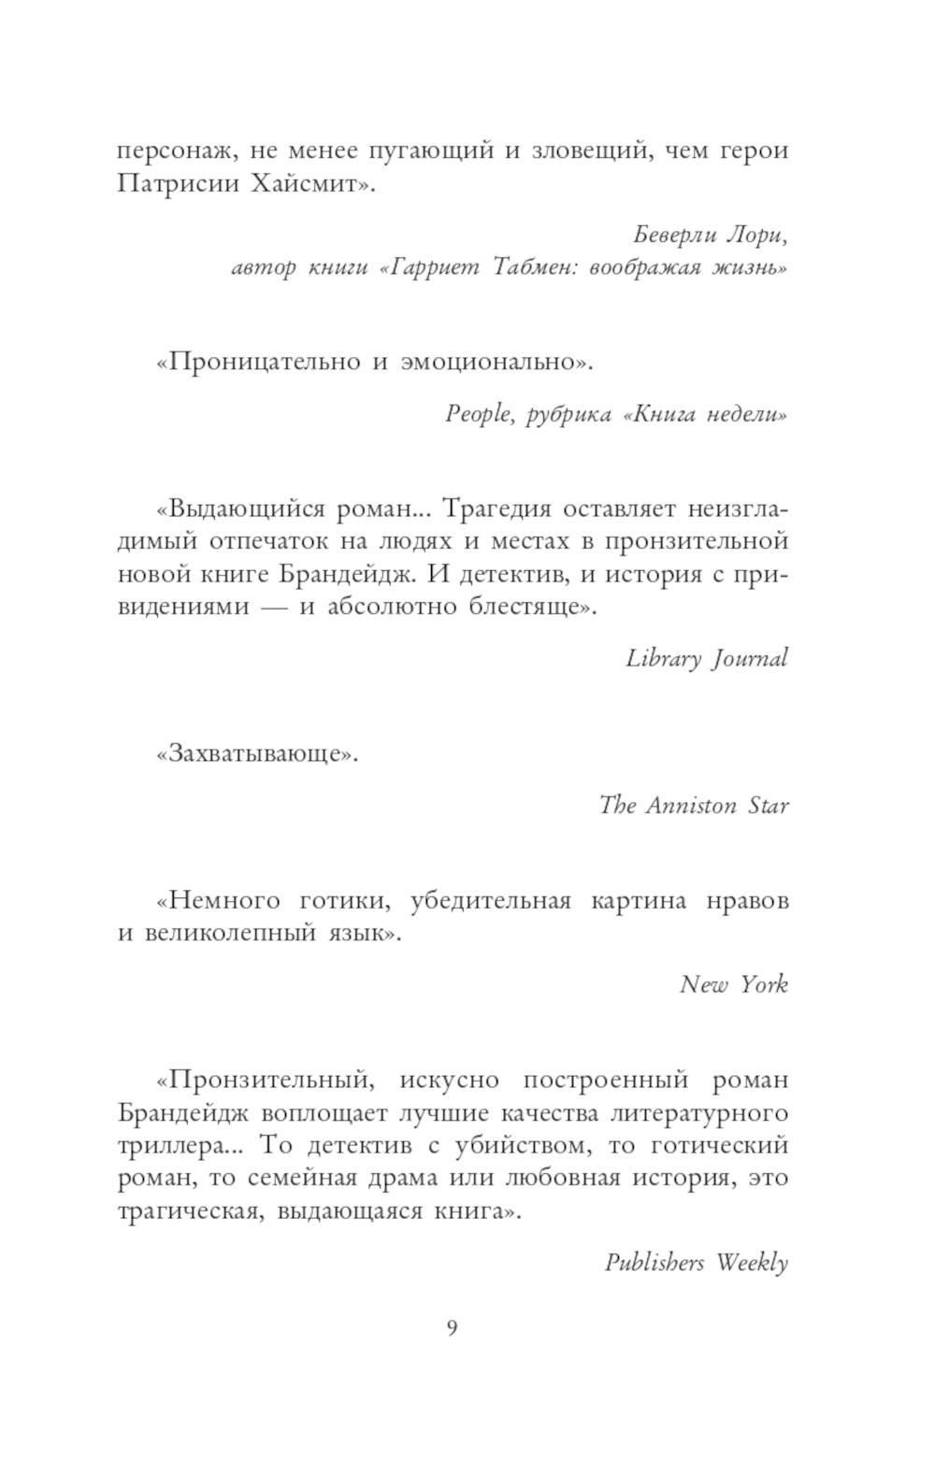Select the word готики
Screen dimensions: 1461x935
pyautogui.click(x=341, y=901)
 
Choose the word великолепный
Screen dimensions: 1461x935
pyautogui.click(x=230, y=933)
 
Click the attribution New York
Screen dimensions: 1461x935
pyautogui.click(x=733, y=984)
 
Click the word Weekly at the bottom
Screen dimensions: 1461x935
pyautogui.click(x=752, y=1263)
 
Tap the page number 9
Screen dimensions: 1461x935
pyautogui.click(x=453, y=1328)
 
